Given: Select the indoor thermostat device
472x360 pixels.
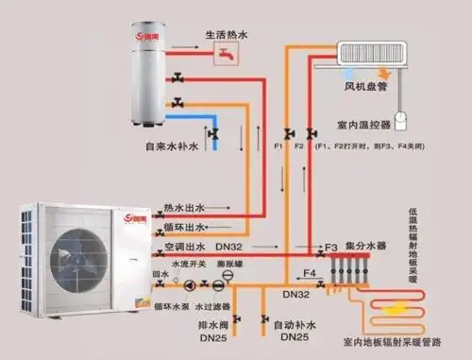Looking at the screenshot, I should pos(400,121).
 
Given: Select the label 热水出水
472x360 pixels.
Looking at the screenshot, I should pos(182,207).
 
